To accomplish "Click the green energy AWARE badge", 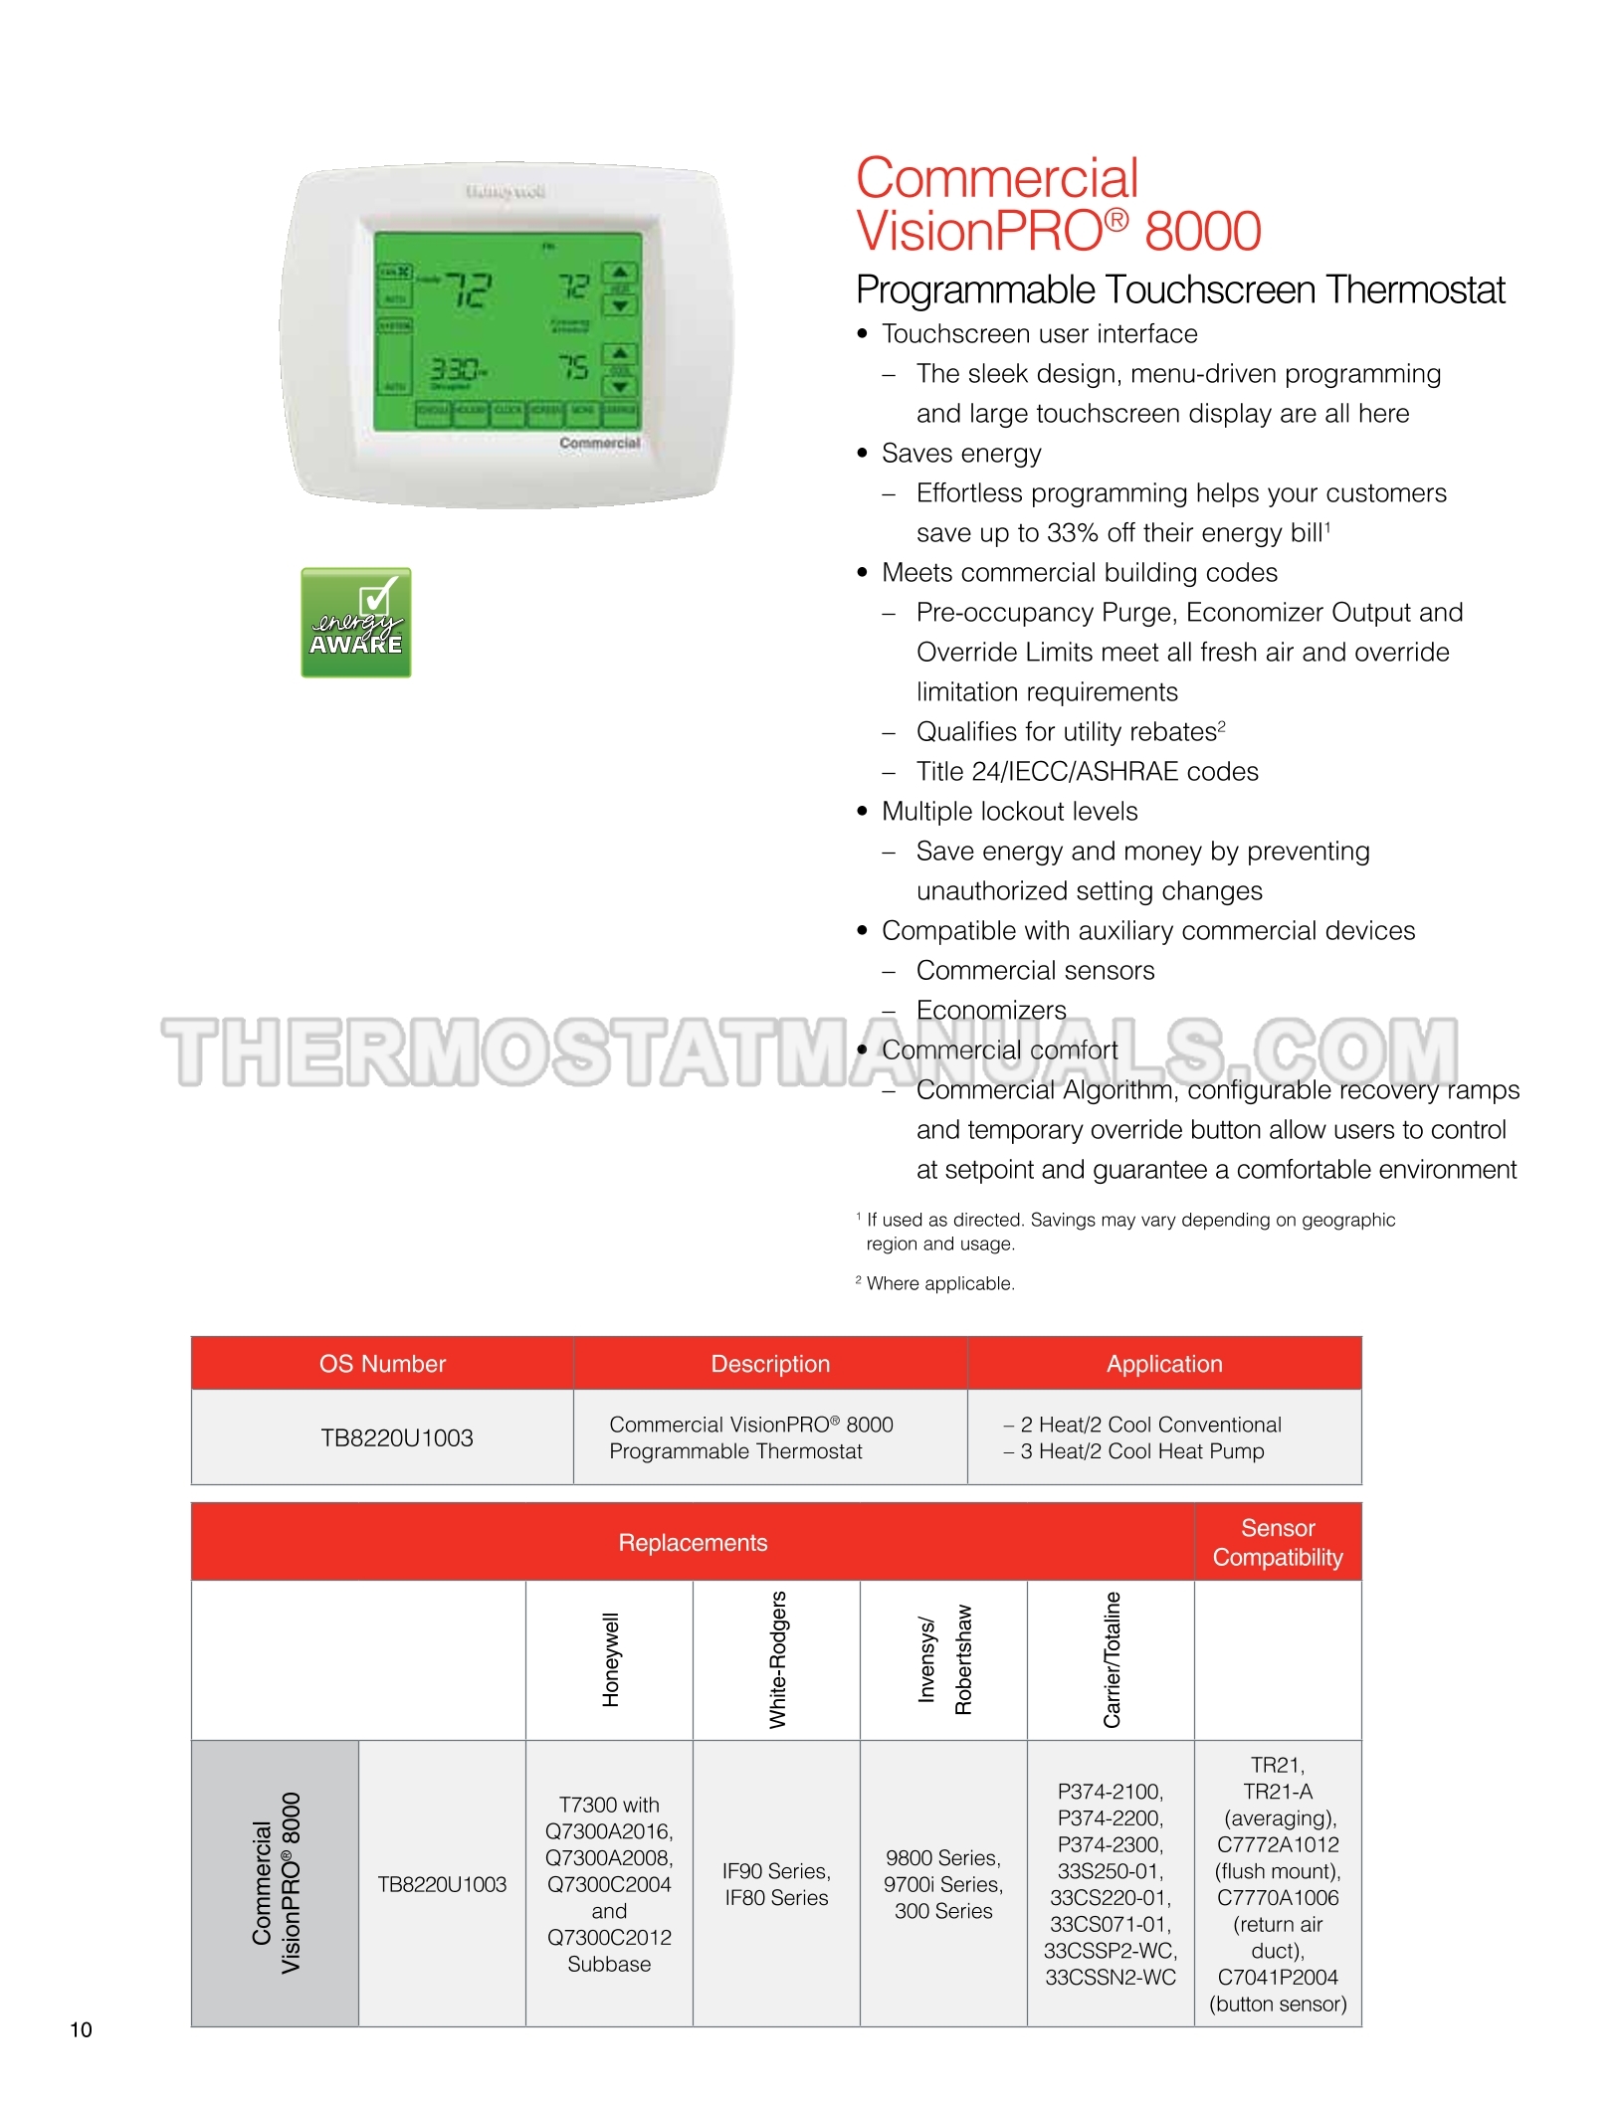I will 356,623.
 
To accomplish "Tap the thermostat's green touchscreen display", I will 507,332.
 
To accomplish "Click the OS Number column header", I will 382,1364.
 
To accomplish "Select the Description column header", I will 770,1364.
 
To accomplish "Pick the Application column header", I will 1164,1364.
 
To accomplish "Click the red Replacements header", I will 693,1542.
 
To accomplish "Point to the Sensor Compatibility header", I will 1278,1542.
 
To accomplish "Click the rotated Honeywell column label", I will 610,1659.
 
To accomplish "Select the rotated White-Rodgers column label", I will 777,1659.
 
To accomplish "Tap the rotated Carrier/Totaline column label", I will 1112,1659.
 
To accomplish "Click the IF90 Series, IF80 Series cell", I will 776,1884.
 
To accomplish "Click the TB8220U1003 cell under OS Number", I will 396,1437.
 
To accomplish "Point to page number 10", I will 81,2029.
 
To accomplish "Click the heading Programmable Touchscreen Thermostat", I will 1180,289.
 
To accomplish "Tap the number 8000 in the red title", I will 1202,231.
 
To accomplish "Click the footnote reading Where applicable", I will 939,1283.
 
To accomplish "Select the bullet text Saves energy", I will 961,454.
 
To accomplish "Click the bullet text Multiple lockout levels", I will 1009,812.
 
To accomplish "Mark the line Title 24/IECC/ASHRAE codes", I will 1087,772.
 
